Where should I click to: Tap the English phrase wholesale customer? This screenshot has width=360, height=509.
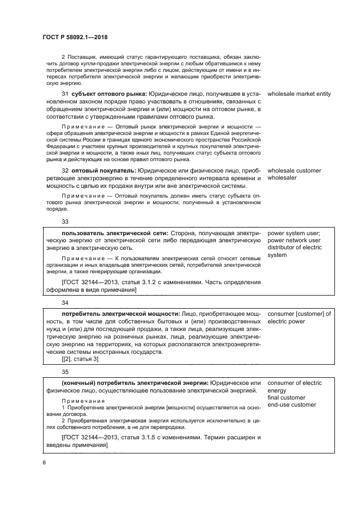tap(294, 171)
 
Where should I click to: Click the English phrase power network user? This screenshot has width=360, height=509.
tap(294, 241)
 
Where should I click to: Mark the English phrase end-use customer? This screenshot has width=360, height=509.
tap(291, 404)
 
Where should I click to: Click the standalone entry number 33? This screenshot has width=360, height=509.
tap(65, 222)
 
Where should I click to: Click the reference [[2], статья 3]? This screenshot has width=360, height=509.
tap(80, 359)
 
